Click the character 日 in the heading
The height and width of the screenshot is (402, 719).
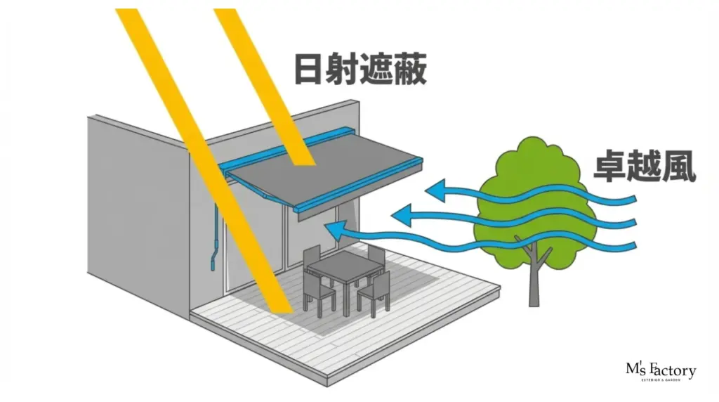(x=310, y=70)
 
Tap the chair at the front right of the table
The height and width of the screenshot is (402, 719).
(x=375, y=292)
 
